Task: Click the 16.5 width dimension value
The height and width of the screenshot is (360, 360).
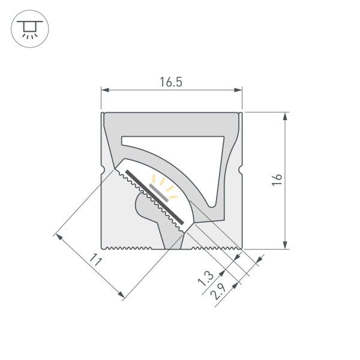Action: click(171, 83)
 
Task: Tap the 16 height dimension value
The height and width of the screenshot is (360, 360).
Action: click(276, 180)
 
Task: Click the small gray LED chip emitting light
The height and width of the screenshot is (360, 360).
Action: click(159, 191)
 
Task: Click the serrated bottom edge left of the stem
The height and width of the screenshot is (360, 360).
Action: click(132, 247)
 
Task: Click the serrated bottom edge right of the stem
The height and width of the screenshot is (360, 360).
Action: click(213, 247)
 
